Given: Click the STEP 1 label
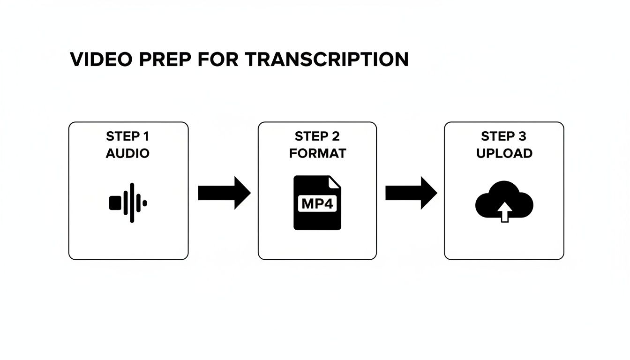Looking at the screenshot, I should (x=127, y=136).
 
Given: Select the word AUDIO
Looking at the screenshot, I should (x=127, y=153).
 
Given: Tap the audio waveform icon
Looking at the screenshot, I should (x=128, y=202).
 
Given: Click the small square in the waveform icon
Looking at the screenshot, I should (x=115, y=203).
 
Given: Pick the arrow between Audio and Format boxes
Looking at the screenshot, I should (x=224, y=193).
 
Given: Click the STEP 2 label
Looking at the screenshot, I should (x=317, y=136).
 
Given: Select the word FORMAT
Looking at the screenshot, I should (x=317, y=153).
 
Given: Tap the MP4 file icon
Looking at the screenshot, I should (x=317, y=202).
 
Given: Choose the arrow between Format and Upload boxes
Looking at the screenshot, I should (x=411, y=193).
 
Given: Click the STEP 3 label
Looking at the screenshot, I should (x=504, y=136).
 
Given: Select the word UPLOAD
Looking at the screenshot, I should (x=504, y=153).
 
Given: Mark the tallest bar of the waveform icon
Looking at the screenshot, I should (x=132, y=202).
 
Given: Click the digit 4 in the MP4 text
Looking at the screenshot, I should (x=330, y=204).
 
